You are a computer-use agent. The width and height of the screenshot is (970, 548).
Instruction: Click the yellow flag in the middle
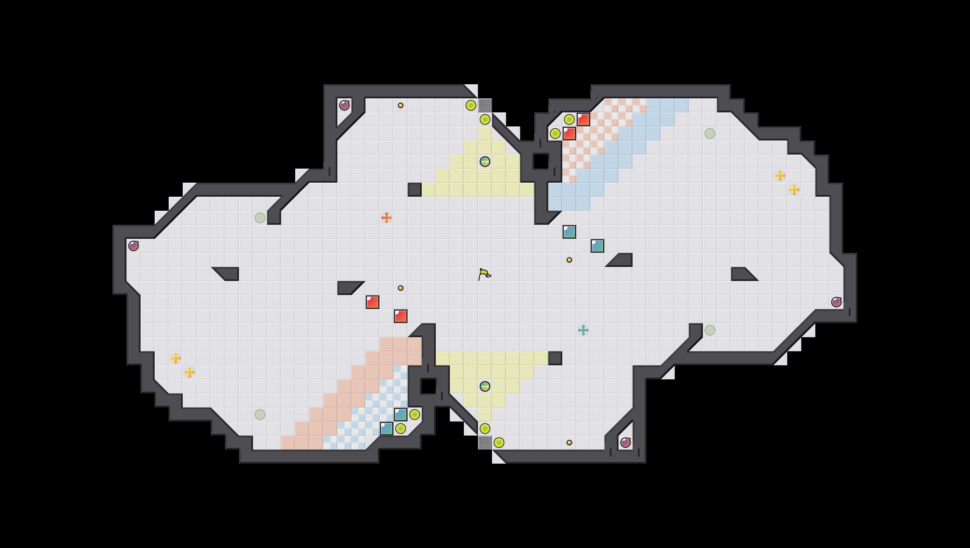tap(484, 274)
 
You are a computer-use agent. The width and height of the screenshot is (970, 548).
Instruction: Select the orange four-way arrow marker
tap(386, 217)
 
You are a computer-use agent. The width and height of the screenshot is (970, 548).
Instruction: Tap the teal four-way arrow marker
tap(583, 330)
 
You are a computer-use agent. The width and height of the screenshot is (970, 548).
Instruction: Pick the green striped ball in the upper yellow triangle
tap(485, 162)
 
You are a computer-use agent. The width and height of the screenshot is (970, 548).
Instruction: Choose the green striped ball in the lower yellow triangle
tap(485, 386)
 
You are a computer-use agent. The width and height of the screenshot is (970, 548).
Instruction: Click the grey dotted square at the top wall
tap(485, 105)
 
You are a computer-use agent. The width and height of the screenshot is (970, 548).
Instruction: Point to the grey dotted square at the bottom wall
tap(485, 443)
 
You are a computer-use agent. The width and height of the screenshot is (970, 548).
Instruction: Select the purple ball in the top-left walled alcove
tap(344, 105)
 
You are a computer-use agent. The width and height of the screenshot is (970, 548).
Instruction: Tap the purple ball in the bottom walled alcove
tap(626, 443)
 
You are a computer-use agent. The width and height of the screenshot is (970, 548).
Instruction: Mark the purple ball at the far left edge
tap(134, 246)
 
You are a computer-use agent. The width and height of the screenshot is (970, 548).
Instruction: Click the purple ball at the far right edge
tap(836, 302)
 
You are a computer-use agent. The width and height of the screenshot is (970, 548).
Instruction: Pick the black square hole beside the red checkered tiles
tap(541, 162)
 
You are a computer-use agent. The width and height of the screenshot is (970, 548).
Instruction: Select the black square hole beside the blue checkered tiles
tap(428, 386)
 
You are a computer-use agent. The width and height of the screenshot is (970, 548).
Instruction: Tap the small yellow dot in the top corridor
tap(401, 105)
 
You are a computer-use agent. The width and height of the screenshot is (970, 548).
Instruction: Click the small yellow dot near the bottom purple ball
tap(569, 443)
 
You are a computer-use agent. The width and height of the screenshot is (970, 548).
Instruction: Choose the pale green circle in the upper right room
tap(710, 133)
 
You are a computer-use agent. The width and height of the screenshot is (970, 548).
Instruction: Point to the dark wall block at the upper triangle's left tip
tap(415, 189)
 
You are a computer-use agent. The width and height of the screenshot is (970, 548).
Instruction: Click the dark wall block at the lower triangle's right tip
tap(555, 358)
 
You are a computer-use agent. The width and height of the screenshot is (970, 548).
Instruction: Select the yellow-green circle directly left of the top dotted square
tap(471, 105)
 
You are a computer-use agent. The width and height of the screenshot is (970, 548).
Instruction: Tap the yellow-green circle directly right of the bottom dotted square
tap(499, 443)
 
